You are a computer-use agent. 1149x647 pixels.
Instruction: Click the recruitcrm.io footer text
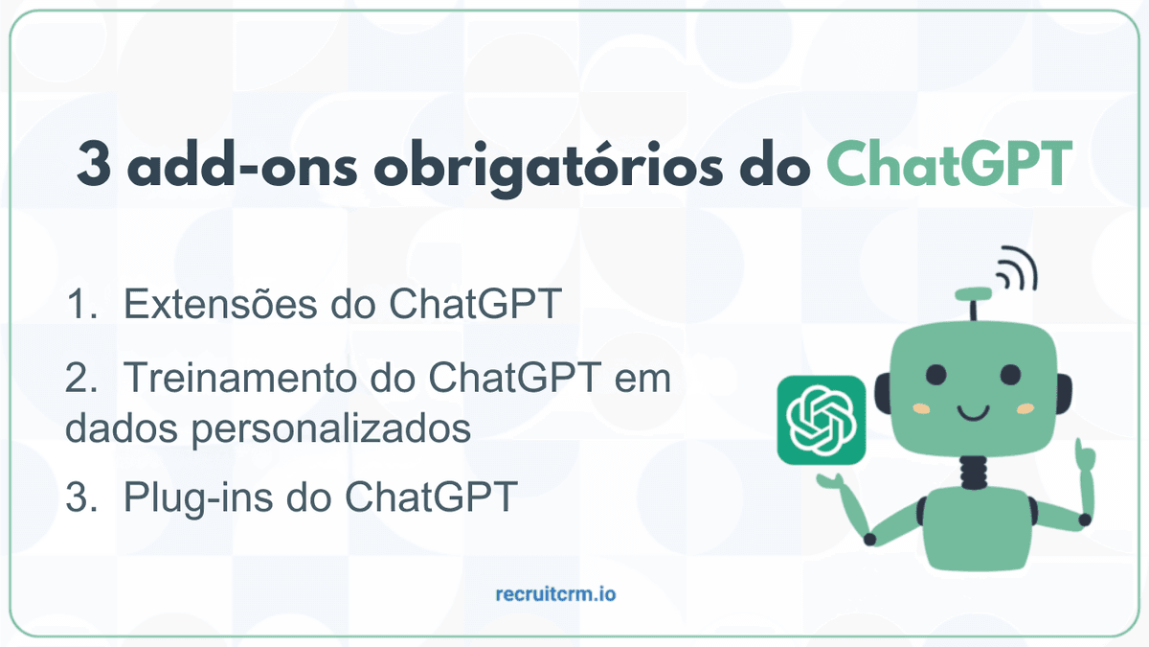point(556,594)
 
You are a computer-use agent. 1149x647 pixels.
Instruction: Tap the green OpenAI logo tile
point(822,420)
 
